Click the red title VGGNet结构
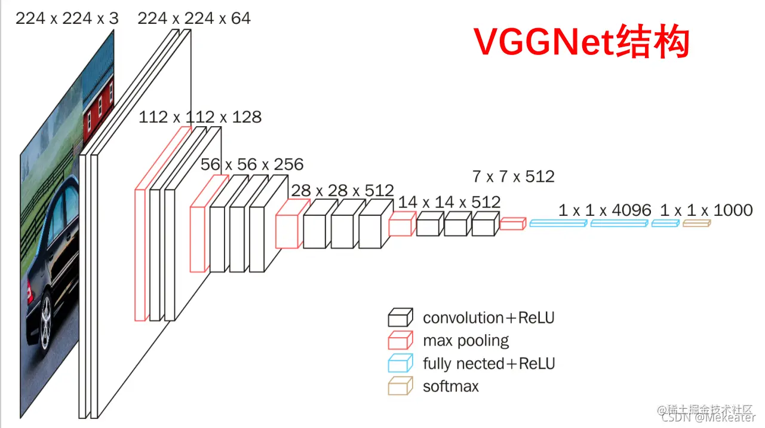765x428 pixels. point(582,42)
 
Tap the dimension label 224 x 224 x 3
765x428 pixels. point(67,19)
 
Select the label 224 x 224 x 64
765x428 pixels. point(194,19)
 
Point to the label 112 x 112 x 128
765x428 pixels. point(200,117)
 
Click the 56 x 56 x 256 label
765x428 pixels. point(252,164)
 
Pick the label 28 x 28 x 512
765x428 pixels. point(342,190)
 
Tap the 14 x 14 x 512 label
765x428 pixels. point(449,202)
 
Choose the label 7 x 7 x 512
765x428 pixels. point(513,176)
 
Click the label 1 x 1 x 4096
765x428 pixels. point(605,210)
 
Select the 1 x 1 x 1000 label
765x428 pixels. point(706,210)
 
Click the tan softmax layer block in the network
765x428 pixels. point(696,224)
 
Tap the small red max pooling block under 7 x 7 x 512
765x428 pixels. point(512,224)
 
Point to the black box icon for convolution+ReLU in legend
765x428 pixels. point(400,317)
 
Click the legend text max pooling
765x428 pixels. point(466,341)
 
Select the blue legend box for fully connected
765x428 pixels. point(400,363)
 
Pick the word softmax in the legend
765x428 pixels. point(451,386)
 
